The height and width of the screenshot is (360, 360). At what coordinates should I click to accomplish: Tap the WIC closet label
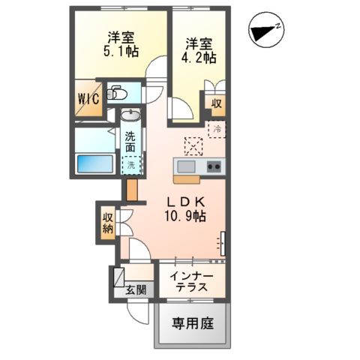[86, 98]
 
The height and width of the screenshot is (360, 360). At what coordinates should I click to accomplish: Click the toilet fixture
[117, 94]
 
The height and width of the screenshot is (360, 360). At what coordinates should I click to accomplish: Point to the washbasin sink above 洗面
[130, 115]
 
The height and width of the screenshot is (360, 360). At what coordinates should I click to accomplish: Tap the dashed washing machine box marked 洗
[130, 163]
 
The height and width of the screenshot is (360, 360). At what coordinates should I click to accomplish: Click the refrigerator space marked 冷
[216, 130]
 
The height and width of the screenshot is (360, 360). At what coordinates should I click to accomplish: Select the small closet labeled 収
[216, 103]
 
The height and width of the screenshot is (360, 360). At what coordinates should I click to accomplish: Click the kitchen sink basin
[185, 166]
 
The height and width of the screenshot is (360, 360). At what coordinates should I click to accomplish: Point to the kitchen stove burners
[214, 166]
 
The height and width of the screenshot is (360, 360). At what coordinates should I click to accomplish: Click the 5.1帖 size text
[119, 53]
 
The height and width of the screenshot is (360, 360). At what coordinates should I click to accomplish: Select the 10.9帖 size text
[187, 216]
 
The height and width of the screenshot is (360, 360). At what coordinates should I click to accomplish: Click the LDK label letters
[187, 201]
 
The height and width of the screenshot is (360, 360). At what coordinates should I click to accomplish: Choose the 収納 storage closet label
[107, 223]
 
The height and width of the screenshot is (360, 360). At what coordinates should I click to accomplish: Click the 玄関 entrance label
[136, 290]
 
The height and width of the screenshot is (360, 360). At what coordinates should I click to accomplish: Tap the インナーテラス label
[190, 283]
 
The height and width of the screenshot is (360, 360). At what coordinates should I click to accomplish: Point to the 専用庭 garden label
[193, 324]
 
